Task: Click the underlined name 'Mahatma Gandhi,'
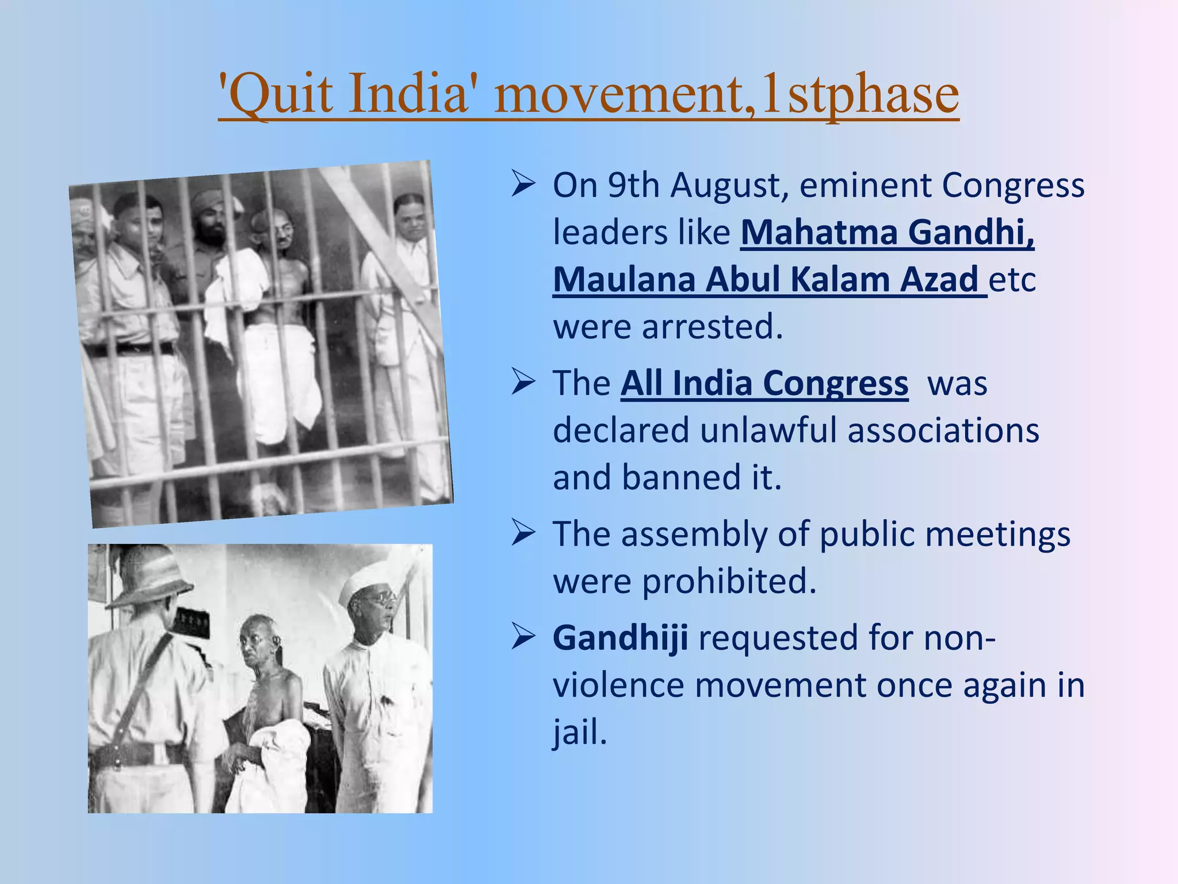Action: [x=887, y=233]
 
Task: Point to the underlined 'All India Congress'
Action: [x=764, y=383]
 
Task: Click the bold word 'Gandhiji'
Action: [x=620, y=638]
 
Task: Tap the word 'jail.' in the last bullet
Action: [x=580, y=733]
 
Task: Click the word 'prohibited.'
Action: [x=729, y=581]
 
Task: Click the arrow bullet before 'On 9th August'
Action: [x=523, y=185]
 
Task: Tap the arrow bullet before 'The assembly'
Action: [x=523, y=534]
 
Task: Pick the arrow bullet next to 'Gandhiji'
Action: [x=523, y=638]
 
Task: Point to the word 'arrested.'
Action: [x=712, y=327]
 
